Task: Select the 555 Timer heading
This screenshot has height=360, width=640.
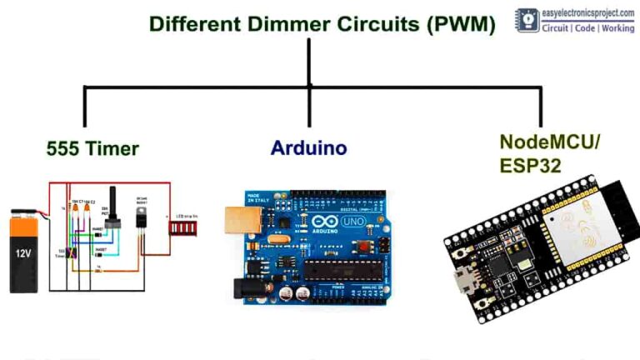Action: pyautogui.click(x=92, y=149)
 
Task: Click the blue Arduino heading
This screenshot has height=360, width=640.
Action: pyautogui.click(x=308, y=148)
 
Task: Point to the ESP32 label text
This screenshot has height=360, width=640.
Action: pyautogui.click(x=530, y=165)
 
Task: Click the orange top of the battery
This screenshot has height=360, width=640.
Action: pyautogui.click(x=26, y=223)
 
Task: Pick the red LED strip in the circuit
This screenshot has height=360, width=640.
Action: pyautogui.click(x=183, y=225)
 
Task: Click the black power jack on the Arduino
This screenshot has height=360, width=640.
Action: pyautogui.click(x=242, y=288)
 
